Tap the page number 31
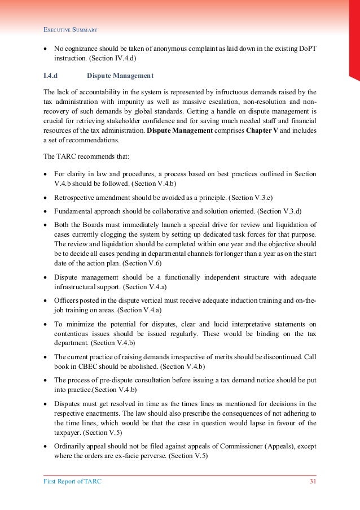coord(312,481)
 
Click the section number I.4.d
coord(52,75)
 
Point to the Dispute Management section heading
coord(120,75)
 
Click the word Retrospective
coord(75,198)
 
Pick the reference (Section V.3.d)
coord(279,211)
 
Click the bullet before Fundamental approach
coord(45,211)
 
